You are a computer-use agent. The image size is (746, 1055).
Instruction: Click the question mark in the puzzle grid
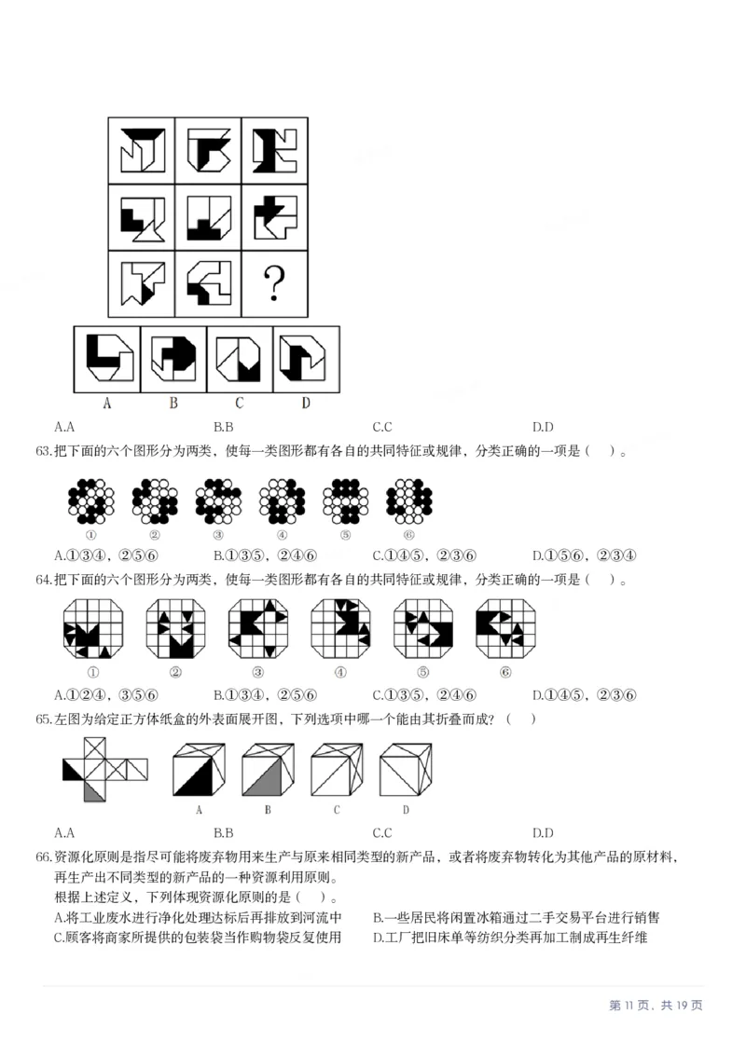click(x=274, y=284)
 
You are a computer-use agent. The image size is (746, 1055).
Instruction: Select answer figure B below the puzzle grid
click(x=173, y=360)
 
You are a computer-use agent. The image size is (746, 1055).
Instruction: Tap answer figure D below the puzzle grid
click(x=306, y=360)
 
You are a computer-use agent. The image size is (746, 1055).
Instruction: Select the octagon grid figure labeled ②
click(x=175, y=629)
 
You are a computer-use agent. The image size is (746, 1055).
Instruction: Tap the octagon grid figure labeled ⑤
click(x=423, y=629)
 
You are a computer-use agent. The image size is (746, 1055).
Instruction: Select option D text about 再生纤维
click(x=510, y=937)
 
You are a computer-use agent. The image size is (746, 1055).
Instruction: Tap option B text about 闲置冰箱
click(x=516, y=917)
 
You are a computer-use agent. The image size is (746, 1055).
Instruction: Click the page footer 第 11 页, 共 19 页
click(x=656, y=1005)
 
